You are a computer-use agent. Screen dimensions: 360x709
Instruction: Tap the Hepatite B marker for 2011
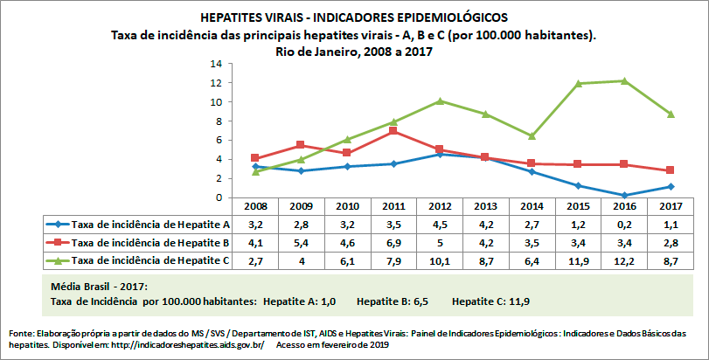pyautogui.click(x=394, y=131)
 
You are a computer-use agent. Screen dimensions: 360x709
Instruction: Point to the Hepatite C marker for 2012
pyautogui.click(x=440, y=100)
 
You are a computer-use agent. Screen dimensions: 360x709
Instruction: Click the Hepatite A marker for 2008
pyautogui.click(x=255, y=166)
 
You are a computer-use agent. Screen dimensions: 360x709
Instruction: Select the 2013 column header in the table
pyautogui.click(x=485, y=206)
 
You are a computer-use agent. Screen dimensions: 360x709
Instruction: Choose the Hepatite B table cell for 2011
pyautogui.click(x=394, y=242)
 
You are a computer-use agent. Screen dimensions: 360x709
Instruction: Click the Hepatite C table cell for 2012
pyautogui.click(x=440, y=260)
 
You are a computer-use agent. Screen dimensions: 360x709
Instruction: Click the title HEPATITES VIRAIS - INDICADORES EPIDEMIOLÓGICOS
pyautogui.click(x=353, y=17)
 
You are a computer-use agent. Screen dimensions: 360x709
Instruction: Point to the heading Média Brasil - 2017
pyautogui.click(x=99, y=287)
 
